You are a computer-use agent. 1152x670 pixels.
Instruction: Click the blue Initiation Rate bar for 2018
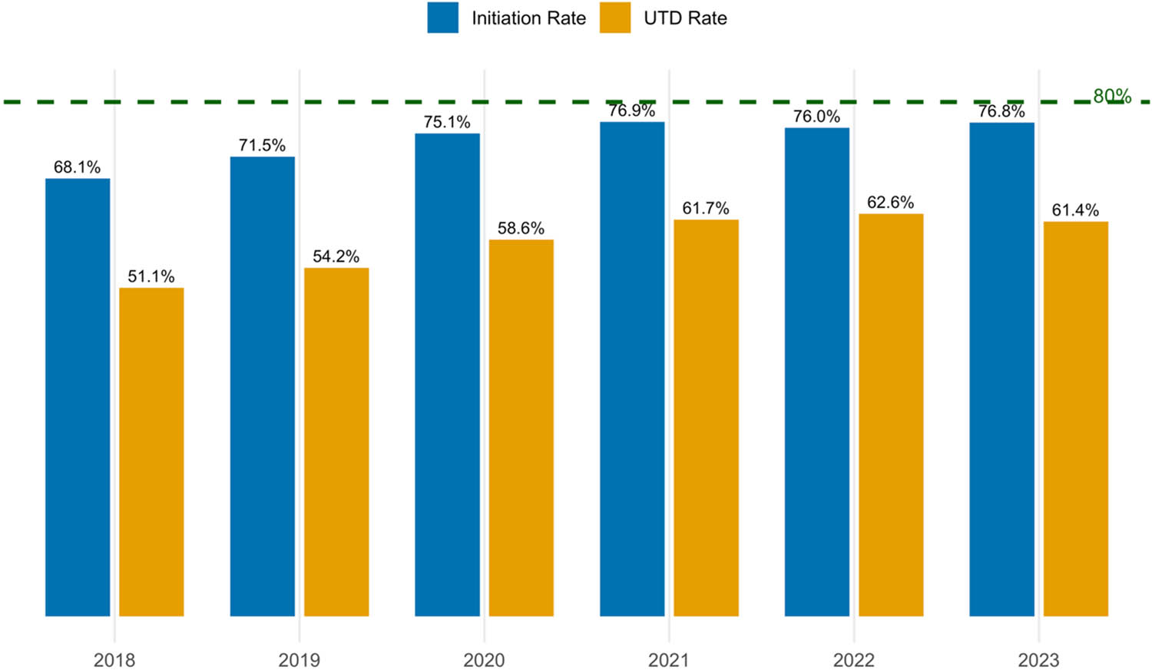(x=78, y=397)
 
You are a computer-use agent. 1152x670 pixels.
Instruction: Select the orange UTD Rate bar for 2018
(x=151, y=451)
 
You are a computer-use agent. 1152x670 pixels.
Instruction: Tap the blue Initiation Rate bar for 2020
(x=447, y=375)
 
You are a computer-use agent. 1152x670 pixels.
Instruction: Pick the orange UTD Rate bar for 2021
(x=706, y=418)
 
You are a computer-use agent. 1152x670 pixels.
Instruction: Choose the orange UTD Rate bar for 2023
(x=1075, y=418)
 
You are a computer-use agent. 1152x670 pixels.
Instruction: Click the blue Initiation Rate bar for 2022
(x=816, y=371)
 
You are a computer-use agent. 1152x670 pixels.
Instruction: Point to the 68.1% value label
(x=77, y=167)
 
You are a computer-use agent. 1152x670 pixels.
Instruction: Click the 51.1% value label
(x=151, y=276)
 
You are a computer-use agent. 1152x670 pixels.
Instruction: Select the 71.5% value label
(x=262, y=145)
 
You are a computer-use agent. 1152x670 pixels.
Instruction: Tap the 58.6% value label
(x=521, y=228)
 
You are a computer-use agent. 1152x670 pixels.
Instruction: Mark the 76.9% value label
(x=631, y=111)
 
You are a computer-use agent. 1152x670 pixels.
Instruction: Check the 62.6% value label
(x=890, y=203)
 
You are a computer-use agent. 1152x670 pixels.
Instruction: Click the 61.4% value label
(x=1075, y=210)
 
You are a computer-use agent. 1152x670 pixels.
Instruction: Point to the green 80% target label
(x=1111, y=96)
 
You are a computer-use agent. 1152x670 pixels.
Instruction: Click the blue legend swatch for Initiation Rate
(x=443, y=18)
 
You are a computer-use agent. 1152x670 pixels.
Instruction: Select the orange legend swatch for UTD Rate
(x=614, y=18)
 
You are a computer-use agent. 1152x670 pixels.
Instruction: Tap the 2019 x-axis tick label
(x=299, y=660)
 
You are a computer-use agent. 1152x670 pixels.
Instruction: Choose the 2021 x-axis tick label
(x=668, y=660)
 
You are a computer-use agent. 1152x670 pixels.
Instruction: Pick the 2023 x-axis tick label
(x=1038, y=660)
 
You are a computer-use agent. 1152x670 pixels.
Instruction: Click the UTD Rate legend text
(x=685, y=18)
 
